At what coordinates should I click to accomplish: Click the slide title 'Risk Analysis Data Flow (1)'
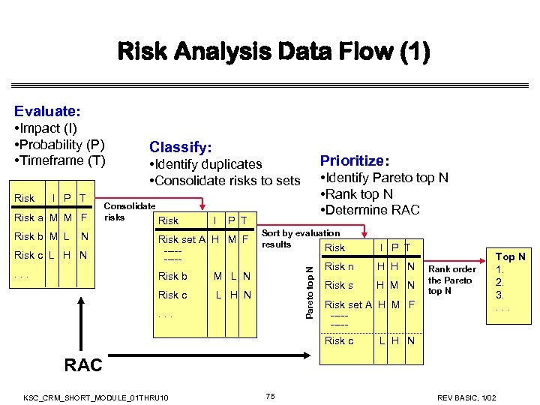[274, 52]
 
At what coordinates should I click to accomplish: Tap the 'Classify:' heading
[180, 147]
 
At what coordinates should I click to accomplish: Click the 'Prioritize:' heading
[355, 160]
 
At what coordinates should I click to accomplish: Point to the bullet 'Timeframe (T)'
[60, 160]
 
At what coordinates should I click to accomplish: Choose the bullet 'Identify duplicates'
[205, 164]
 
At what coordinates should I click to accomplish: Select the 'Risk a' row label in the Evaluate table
[29, 218]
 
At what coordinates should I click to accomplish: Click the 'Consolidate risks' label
[129, 211]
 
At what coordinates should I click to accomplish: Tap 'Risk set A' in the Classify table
[183, 239]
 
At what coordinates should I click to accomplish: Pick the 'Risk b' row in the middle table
[173, 276]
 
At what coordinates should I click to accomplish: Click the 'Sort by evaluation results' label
[300, 238]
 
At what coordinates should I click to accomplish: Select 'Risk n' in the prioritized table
[339, 266]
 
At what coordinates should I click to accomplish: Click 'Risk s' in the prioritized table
[339, 285]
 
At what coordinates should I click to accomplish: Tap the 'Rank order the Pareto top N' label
[451, 280]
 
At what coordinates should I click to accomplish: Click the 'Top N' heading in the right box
[511, 256]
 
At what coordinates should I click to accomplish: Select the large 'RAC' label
[83, 365]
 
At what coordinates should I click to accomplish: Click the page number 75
[271, 395]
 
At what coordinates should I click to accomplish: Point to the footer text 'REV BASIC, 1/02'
[478, 396]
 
